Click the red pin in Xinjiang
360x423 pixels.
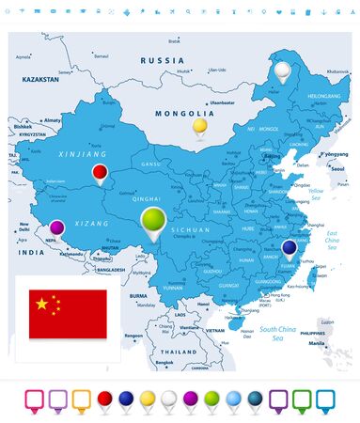coord(100,172)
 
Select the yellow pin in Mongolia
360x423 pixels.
coord(199,126)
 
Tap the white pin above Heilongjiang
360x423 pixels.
coord(282,70)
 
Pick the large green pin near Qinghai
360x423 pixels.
coord(152,222)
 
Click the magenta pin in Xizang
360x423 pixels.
coord(57,227)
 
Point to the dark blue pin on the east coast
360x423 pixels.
coord(290,247)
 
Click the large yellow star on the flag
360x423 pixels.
coord(40,304)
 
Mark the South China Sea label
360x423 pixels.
coord(280,330)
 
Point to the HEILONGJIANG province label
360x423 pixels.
coord(324,96)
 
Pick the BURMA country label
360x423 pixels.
coord(139,295)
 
